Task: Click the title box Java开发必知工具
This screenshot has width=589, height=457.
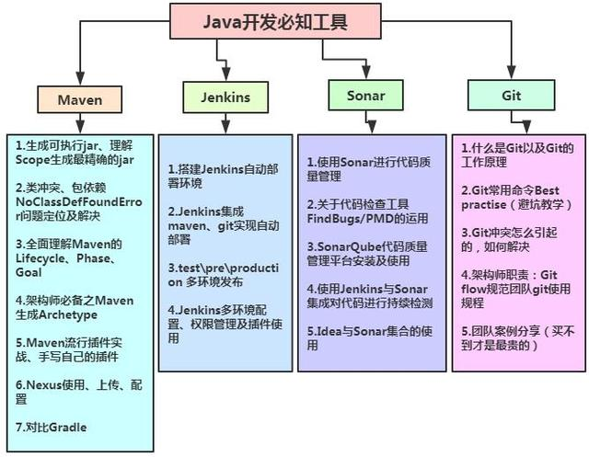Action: (x=275, y=21)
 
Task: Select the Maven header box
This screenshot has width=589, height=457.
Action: (x=80, y=99)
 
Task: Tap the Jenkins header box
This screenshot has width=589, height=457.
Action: (x=225, y=96)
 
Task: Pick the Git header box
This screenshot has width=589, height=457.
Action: (x=511, y=95)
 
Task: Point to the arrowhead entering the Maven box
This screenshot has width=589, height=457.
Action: (x=80, y=81)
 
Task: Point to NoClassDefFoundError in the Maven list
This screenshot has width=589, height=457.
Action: (x=78, y=201)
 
